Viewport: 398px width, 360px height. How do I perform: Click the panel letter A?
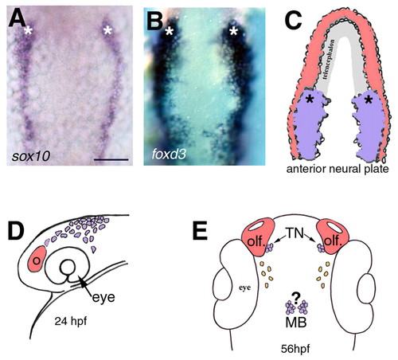coord(17,19)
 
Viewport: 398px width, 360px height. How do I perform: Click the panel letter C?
coord(293,20)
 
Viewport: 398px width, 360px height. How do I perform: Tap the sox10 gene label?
coord(31,156)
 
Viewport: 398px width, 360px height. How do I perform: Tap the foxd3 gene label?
coord(169,154)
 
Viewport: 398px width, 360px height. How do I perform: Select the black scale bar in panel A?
coord(111,159)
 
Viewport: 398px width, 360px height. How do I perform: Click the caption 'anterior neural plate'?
coord(338,169)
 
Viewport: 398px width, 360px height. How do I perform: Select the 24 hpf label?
coord(71,322)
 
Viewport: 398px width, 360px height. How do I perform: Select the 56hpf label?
coord(295,349)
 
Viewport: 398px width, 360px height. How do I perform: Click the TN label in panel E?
coord(295,233)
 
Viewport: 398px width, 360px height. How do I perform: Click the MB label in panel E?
coord(296,323)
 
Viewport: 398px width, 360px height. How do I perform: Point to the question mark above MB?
coord(295,297)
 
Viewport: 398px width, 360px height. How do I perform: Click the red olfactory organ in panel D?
coord(37,259)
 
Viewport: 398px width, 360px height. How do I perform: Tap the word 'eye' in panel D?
coord(103,297)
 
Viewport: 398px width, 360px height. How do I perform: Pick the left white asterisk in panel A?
coord(28,31)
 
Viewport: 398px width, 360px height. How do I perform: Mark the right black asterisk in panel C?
coord(368,100)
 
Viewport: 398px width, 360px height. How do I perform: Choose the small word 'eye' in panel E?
coord(244,288)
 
